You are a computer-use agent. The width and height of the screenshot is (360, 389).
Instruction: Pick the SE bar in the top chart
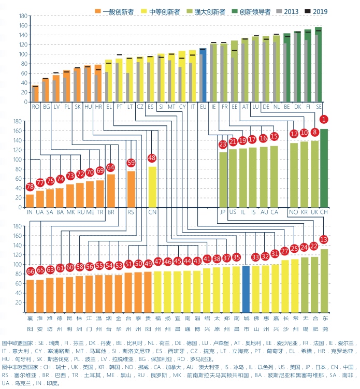coord(318,65)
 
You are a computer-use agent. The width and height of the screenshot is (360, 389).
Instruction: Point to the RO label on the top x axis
coord(35,106)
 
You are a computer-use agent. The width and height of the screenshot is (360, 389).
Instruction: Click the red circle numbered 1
coord(324,120)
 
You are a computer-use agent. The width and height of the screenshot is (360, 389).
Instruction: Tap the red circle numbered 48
coord(152,157)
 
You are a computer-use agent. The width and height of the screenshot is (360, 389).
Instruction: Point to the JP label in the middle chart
coord(223,212)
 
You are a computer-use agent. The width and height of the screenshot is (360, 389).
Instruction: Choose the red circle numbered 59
coord(131,163)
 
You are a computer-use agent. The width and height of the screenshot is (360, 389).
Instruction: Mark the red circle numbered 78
coord(30,186)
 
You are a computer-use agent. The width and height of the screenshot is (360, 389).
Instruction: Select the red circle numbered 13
coord(324,240)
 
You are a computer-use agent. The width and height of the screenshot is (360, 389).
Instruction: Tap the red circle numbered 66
coord(31,271)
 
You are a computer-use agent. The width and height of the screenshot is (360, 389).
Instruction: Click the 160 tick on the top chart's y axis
coord(23,25)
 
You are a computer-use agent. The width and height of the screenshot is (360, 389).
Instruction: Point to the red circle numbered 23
coord(223,144)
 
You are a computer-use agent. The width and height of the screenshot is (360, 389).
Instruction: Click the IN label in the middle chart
coord(30,212)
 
